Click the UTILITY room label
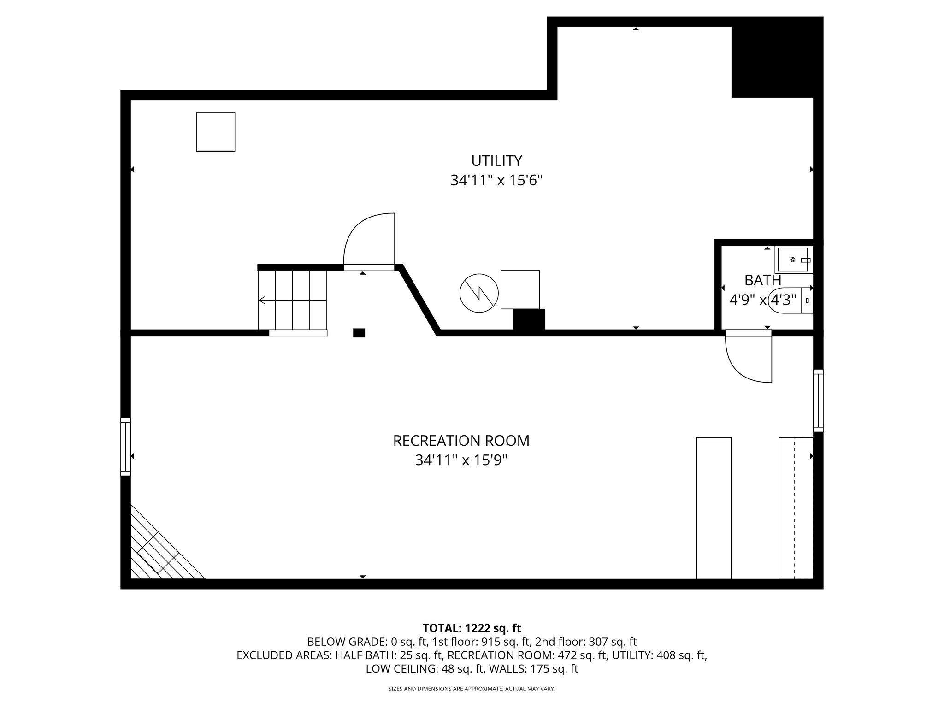496,161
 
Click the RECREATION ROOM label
461,441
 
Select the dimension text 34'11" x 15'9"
461,460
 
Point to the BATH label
763,280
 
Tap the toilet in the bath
791,300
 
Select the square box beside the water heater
520,289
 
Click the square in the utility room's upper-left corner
216,132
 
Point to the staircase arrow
262,301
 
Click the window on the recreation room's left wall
125,446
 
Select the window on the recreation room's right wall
818,401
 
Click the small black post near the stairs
359,333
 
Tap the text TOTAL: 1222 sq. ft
472,628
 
